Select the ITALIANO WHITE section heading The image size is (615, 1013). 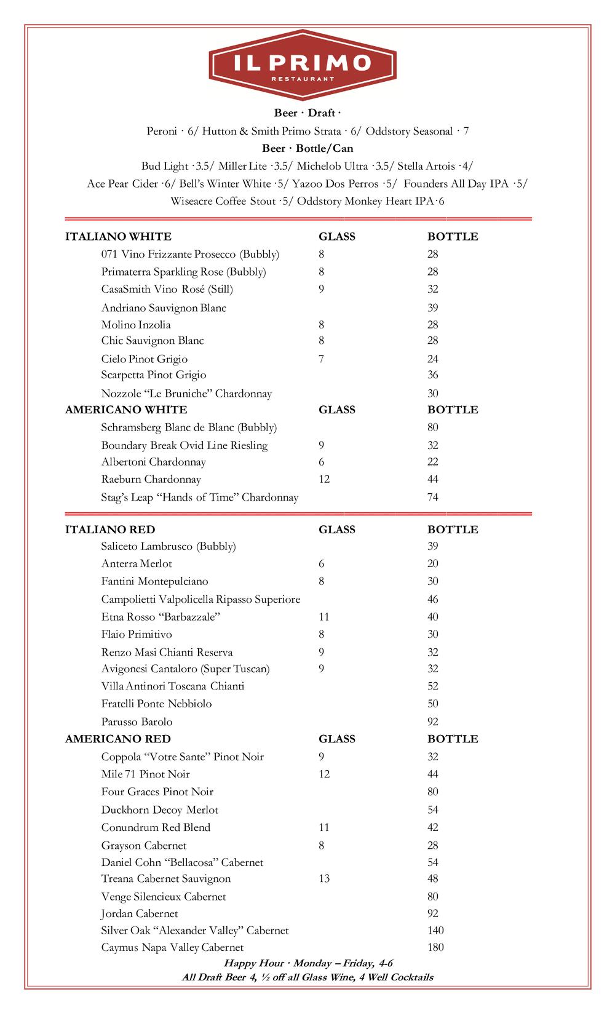point(118,237)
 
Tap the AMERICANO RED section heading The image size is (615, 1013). point(118,739)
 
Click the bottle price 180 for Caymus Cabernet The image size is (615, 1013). point(435,948)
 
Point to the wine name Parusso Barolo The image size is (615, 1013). point(137,722)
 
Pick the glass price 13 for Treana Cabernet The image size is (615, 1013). point(324,879)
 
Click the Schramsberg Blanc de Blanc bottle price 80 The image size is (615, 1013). point(433,427)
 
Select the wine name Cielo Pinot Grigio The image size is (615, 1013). point(145,359)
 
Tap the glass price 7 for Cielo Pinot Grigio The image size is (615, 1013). point(321,359)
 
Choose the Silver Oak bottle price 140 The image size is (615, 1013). point(435,931)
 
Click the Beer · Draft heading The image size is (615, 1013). point(307,113)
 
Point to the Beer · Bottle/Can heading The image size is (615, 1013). point(307,148)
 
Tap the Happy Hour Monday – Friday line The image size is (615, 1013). point(308,963)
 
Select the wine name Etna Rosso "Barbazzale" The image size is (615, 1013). point(161,617)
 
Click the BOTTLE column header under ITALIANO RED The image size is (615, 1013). point(453,530)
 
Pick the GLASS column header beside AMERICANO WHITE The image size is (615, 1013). point(337,410)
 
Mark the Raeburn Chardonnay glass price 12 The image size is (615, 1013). point(324,479)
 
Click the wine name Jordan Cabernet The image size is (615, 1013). point(140,914)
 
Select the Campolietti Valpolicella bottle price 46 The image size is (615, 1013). point(433,600)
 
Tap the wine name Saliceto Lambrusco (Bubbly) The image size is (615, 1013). point(169,546)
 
